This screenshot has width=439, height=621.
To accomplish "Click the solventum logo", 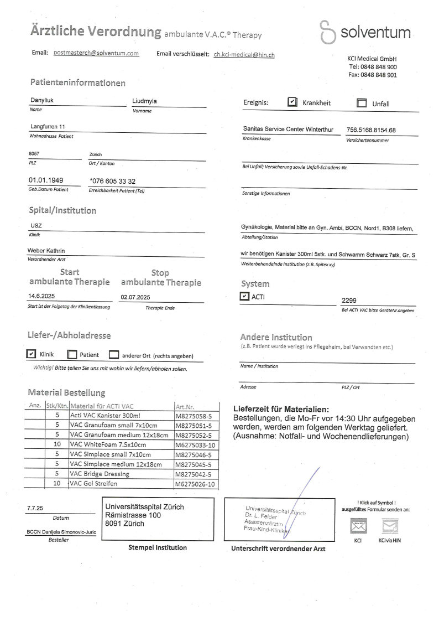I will point(365,33).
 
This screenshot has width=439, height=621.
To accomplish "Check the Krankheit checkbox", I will point(292,102).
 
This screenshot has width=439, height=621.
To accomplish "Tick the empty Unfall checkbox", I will point(362,103).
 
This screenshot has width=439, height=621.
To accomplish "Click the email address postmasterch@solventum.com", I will point(96,53).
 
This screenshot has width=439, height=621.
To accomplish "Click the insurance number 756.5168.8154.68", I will point(370,130).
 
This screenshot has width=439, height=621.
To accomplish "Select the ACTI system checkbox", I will point(244,297).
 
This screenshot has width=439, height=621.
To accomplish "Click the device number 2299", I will point(349,300).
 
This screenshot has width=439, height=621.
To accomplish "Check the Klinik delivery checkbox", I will point(32,354).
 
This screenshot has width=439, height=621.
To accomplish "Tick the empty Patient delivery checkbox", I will point(72,355).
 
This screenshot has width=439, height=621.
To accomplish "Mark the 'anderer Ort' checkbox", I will point(114,355).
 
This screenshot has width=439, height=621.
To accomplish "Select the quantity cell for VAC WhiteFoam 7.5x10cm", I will point(56,444).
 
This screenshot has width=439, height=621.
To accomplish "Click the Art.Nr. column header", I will point(184,406).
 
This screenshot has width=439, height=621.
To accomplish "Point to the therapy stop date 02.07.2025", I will point(135,297).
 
